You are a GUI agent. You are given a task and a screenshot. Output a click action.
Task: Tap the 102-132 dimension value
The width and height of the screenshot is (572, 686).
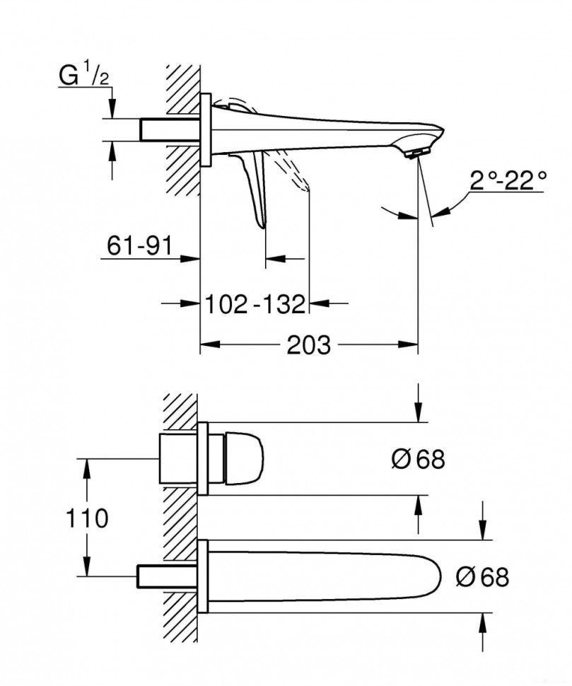coord(255,304)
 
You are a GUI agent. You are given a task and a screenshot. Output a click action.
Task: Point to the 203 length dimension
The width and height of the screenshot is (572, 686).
coord(309,346)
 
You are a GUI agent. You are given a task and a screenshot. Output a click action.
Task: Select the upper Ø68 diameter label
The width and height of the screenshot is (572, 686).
coord(418,460)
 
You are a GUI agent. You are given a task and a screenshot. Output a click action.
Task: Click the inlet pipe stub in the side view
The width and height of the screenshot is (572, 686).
coord(170,129)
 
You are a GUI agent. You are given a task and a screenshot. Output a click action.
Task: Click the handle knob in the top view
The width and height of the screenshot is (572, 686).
coord(244,459)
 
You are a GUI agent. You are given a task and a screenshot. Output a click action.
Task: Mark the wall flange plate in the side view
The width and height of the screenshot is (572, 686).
coord(206,129)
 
